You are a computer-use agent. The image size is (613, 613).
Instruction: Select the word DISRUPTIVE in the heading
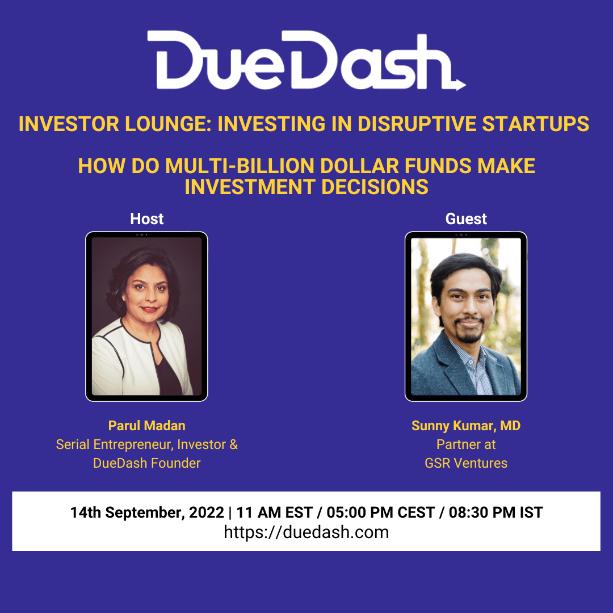(417, 124)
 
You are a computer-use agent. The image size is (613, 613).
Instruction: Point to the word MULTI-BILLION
(240, 166)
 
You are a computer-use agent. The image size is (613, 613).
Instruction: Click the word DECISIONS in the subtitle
(375, 187)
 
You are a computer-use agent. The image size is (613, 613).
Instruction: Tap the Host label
(146, 219)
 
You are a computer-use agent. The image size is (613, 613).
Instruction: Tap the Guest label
(466, 219)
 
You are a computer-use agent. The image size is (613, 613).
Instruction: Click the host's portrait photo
(146, 316)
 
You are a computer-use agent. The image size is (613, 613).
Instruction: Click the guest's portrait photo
(466, 316)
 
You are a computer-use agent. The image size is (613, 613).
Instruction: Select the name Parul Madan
(146, 425)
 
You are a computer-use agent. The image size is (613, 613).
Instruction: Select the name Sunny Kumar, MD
(466, 426)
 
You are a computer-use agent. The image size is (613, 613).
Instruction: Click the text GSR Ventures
(466, 463)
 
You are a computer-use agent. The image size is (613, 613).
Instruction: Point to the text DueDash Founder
(146, 463)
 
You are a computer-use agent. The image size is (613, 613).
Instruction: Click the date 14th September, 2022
(147, 513)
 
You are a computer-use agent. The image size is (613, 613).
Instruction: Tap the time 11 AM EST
(275, 513)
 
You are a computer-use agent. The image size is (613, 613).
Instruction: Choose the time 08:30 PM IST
(496, 513)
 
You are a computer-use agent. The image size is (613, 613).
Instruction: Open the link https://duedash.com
(306, 532)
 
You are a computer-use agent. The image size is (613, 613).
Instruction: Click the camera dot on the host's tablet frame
(141, 235)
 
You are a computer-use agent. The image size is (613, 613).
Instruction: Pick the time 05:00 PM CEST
(381, 513)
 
